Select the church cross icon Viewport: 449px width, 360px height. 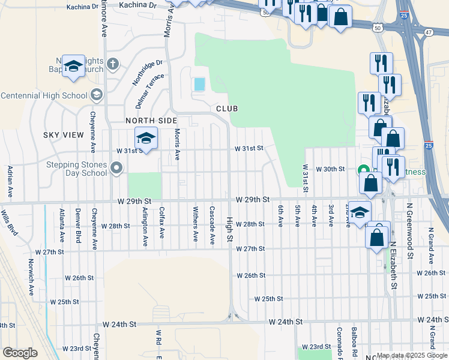113,64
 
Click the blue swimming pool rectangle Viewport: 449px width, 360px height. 199,85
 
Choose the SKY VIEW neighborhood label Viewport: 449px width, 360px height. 64,135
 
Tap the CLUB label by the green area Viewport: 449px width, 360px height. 227,109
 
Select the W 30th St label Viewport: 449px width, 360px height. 331,169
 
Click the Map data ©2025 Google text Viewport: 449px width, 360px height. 411,355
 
